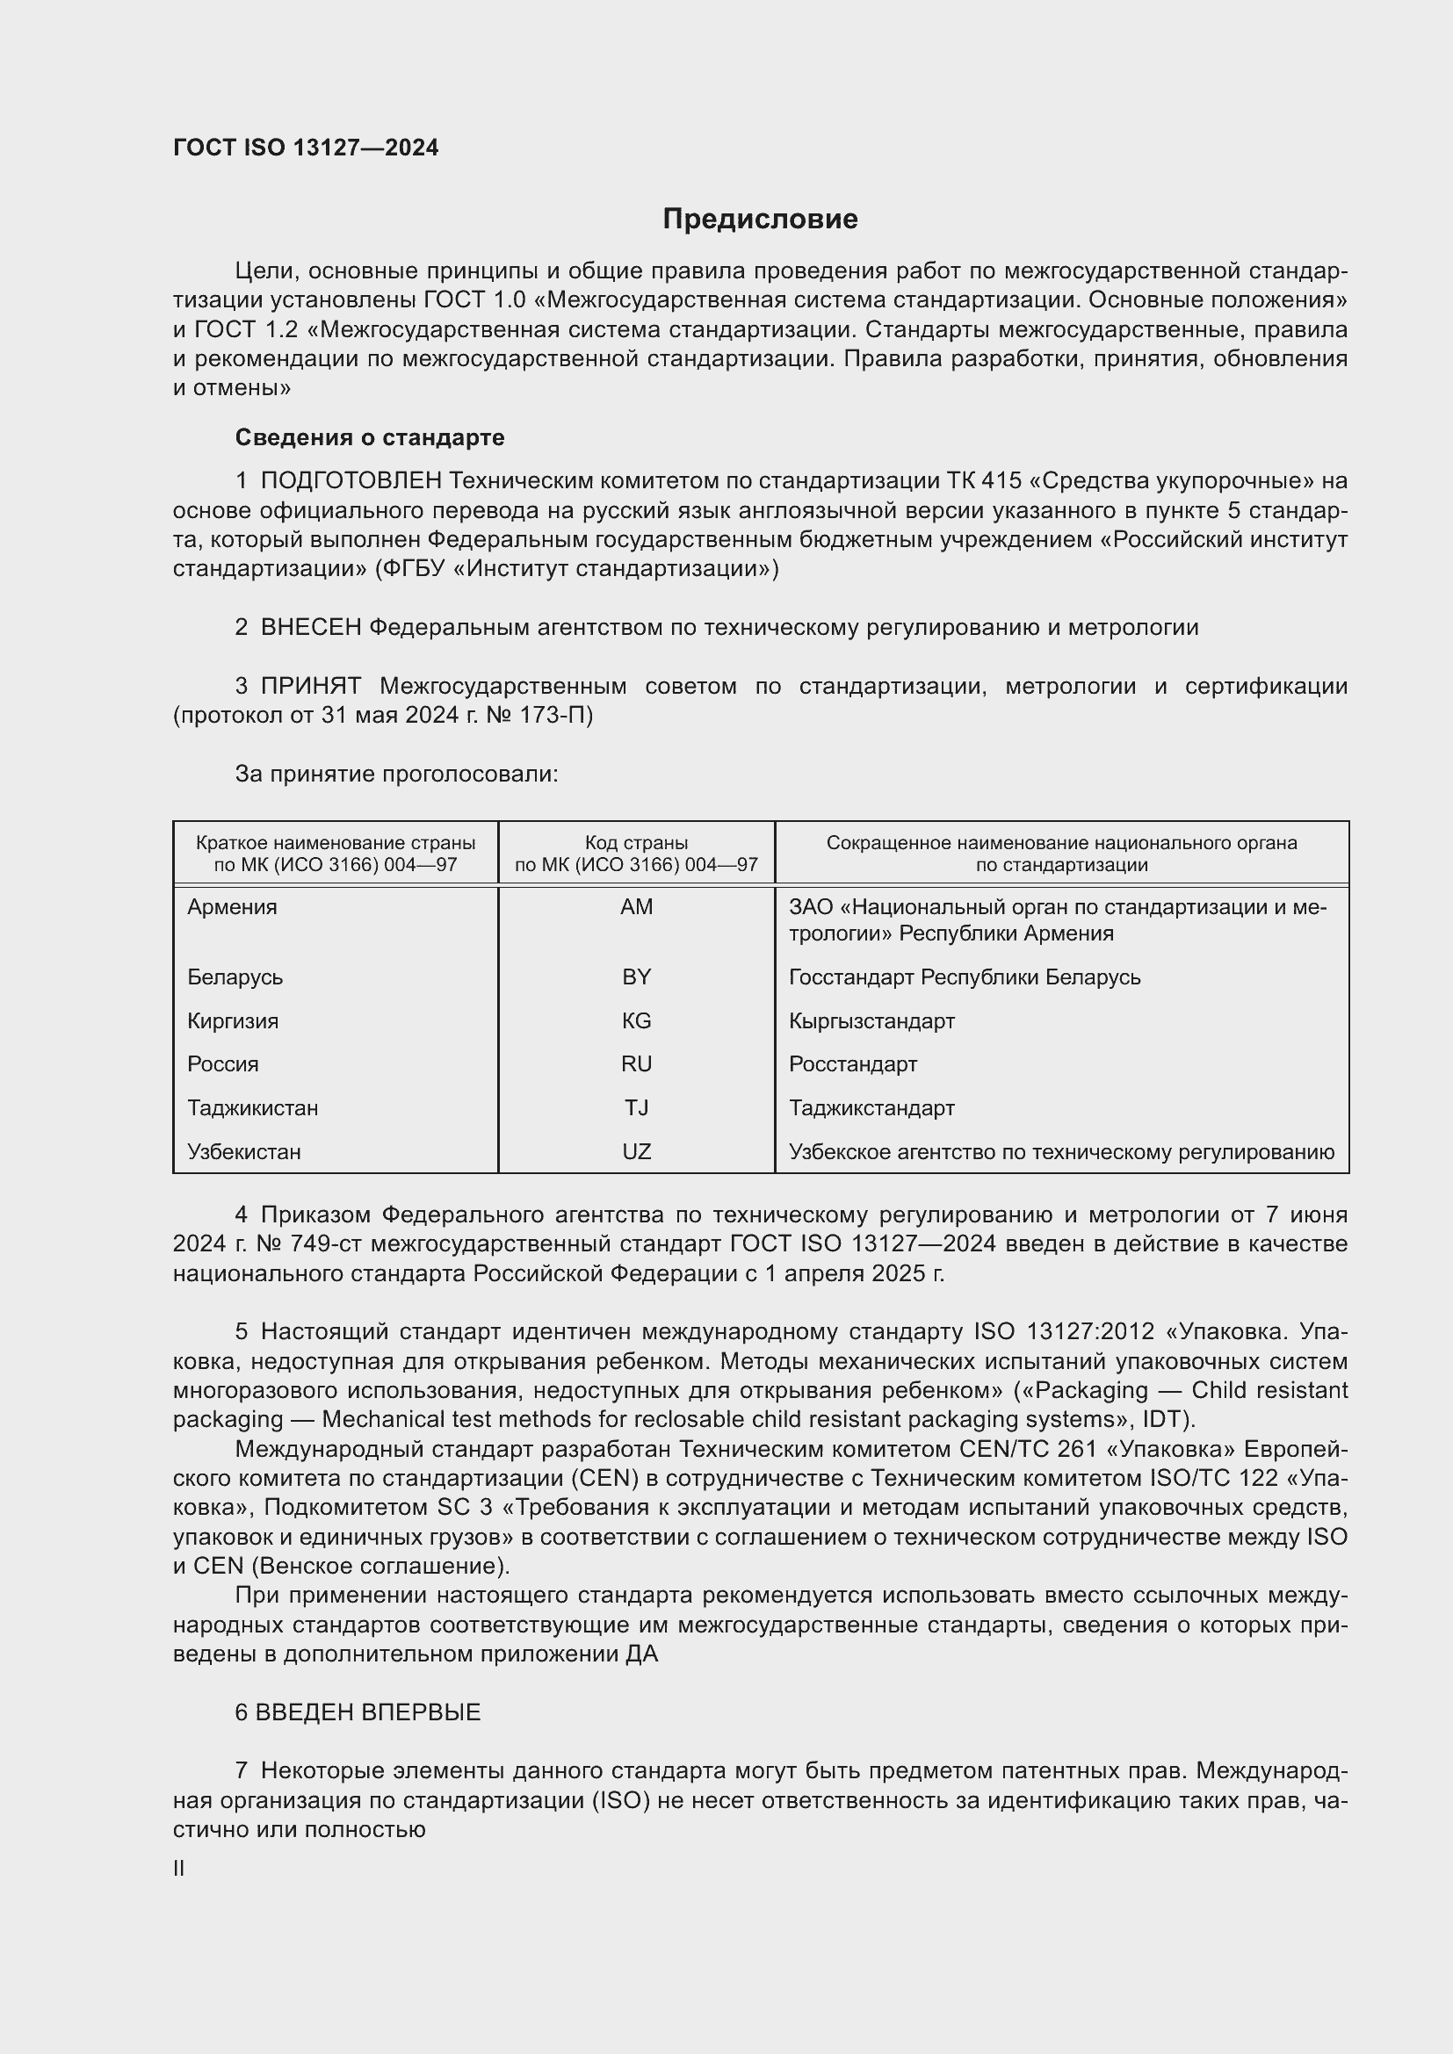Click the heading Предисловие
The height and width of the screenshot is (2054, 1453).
coord(760,220)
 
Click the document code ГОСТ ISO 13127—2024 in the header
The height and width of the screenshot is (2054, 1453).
coord(306,148)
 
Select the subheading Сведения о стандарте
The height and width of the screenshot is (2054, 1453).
coord(370,437)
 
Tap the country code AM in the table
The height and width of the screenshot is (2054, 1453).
coord(636,907)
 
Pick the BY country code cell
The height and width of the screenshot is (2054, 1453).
coord(636,977)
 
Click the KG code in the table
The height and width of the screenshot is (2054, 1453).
coord(636,1020)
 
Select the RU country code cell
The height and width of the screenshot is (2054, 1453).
coord(636,1063)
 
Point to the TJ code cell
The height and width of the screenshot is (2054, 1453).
coord(636,1107)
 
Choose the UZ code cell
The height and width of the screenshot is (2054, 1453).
coord(636,1151)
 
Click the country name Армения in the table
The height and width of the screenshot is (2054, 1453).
coord(233,907)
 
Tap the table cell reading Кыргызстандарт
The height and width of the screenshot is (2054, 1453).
coord(871,1020)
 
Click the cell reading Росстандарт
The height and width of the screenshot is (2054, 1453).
coord(853,1063)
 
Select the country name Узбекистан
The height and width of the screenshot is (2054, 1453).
coord(244,1151)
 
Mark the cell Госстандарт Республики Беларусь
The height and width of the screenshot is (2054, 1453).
coord(965,977)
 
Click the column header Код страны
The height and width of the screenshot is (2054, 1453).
coord(636,843)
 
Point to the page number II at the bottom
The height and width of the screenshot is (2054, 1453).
coord(179,1868)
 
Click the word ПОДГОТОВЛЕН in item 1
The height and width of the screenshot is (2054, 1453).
coord(351,481)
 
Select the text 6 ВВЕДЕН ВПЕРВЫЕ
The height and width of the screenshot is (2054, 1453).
coord(358,1712)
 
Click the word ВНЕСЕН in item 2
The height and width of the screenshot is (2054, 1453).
coord(310,628)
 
